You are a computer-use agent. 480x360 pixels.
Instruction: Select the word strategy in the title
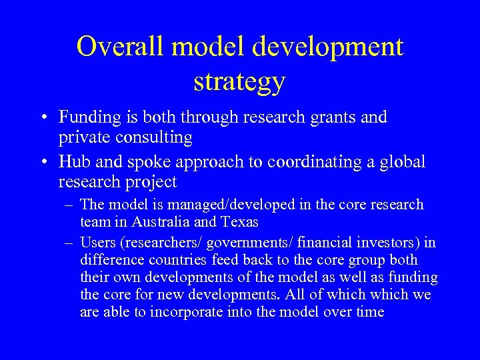coord(240,81)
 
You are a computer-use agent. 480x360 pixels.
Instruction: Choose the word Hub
coord(73,161)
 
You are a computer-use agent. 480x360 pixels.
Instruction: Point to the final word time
coord(370,312)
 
